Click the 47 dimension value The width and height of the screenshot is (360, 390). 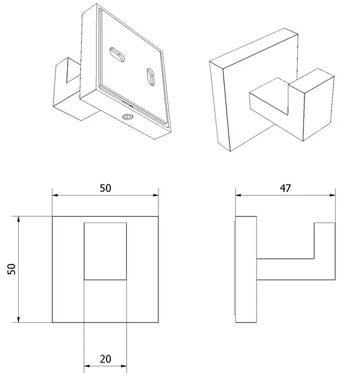pyautogui.click(x=285, y=188)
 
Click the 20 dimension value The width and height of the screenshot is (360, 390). pyautogui.click(x=105, y=359)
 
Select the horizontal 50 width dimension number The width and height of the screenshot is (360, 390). pyautogui.click(x=105, y=188)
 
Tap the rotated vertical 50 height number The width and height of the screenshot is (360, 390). pyautogui.click(x=12, y=269)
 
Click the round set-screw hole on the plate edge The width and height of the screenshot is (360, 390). pyautogui.click(x=128, y=116)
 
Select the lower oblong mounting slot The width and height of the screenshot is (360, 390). pyautogui.click(x=150, y=77)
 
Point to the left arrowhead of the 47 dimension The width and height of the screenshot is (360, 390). pyautogui.click(x=238, y=195)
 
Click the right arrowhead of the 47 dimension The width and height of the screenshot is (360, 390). pyautogui.click(x=333, y=195)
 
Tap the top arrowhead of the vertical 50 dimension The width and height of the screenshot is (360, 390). pyautogui.click(x=18, y=219)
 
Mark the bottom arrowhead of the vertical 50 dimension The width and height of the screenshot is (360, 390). pyautogui.click(x=18, y=319)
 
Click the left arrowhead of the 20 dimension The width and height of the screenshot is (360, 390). pyautogui.click(x=87, y=366)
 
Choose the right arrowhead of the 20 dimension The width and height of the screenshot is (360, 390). pyautogui.click(x=124, y=366)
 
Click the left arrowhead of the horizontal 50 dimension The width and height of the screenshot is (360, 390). pyautogui.click(x=55, y=195)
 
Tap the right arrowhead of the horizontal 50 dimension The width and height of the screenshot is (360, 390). pyautogui.click(x=156, y=195)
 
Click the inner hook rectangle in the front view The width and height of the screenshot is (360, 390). pyautogui.click(x=105, y=251)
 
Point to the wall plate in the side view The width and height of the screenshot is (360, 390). pyautogui.click(x=246, y=269)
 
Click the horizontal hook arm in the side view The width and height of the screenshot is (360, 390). pyautogui.click(x=286, y=269)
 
